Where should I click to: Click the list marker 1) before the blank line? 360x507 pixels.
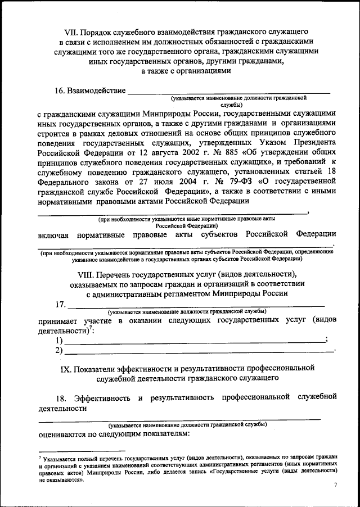click(58, 341)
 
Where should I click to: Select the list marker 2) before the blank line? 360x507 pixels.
click(58, 351)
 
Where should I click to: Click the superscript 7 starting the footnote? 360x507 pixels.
click(39, 458)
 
